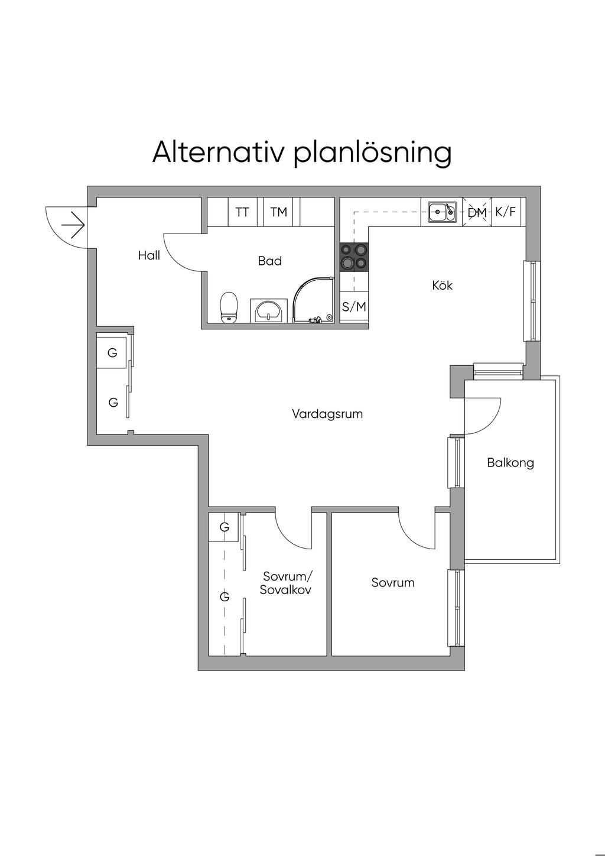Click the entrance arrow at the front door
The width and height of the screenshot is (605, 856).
(73, 225)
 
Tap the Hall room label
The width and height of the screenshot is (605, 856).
(149, 255)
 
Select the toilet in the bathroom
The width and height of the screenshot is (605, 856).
(228, 307)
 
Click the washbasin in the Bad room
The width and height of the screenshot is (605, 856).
(270, 310)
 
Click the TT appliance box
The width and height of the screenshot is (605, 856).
(242, 212)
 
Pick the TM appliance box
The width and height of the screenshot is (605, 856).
(279, 212)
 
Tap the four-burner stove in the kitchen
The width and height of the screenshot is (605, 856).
(354, 257)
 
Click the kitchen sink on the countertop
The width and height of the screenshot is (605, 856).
(442, 211)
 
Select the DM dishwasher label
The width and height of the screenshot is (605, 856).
(477, 212)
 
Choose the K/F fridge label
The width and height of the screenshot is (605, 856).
(506, 211)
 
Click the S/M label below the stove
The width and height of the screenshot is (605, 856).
(354, 307)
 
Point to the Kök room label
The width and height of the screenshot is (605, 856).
(443, 286)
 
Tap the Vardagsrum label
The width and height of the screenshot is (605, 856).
(327, 414)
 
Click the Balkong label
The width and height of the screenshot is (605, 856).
(510, 462)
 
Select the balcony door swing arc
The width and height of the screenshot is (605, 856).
(488, 414)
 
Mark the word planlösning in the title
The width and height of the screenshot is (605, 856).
(372, 153)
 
